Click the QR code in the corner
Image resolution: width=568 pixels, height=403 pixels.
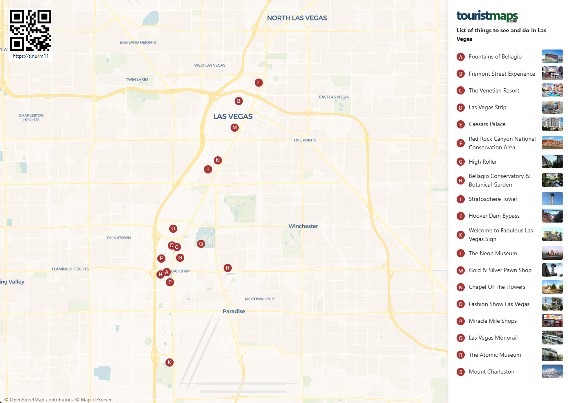[30, 30]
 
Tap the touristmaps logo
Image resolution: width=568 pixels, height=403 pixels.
[487, 16]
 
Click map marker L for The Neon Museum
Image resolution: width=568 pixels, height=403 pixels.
[258, 83]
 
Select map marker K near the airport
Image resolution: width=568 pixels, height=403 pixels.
[170, 362]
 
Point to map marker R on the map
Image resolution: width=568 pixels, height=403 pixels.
[228, 268]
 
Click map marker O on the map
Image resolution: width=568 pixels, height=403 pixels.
[173, 229]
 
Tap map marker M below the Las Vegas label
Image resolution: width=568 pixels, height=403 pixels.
[235, 128]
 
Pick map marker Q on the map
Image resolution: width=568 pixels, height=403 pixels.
[201, 244]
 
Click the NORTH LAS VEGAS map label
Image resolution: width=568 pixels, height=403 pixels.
[297, 18]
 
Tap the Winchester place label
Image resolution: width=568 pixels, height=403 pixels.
[303, 226]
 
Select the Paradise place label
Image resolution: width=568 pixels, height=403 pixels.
[234, 311]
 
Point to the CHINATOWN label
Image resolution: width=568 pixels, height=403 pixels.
[119, 238]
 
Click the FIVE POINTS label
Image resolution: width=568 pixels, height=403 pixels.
[305, 140]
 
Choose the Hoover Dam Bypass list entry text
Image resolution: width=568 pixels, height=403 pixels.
[494, 216]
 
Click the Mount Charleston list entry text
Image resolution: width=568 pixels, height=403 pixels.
[491, 371]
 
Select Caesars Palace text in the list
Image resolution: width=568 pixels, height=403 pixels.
[487, 124]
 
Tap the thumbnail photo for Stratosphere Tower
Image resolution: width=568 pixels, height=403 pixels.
[552, 199]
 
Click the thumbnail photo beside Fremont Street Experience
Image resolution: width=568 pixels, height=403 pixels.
[552, 74]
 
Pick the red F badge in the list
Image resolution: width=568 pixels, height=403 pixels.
[461, 143]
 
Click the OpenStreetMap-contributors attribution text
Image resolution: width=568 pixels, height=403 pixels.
[39, 400]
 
